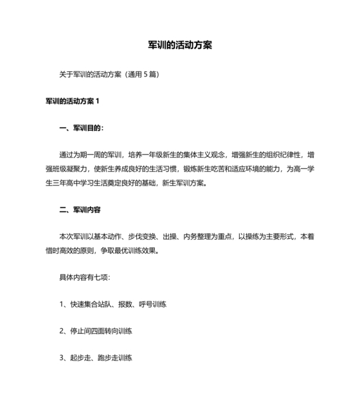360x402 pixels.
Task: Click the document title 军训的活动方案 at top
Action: [180, 46]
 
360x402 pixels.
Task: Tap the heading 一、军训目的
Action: [81, 128]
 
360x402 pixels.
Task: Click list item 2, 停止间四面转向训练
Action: [96, 331]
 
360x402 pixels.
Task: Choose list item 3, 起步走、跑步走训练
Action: [96, 358]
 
